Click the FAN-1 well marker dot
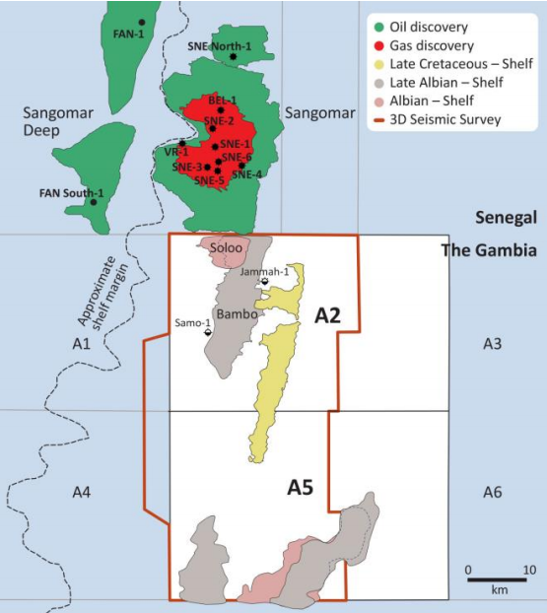tap(142, 22)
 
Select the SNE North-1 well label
tap(219, 46)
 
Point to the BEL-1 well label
tap(222, 101)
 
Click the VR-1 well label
tap(176, 153)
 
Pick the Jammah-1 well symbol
tap(265, 282)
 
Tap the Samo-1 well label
tap(193, 322)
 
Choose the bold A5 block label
tap(301, 487)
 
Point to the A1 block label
tap(82, 343)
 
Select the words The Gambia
tap(489, 250)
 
